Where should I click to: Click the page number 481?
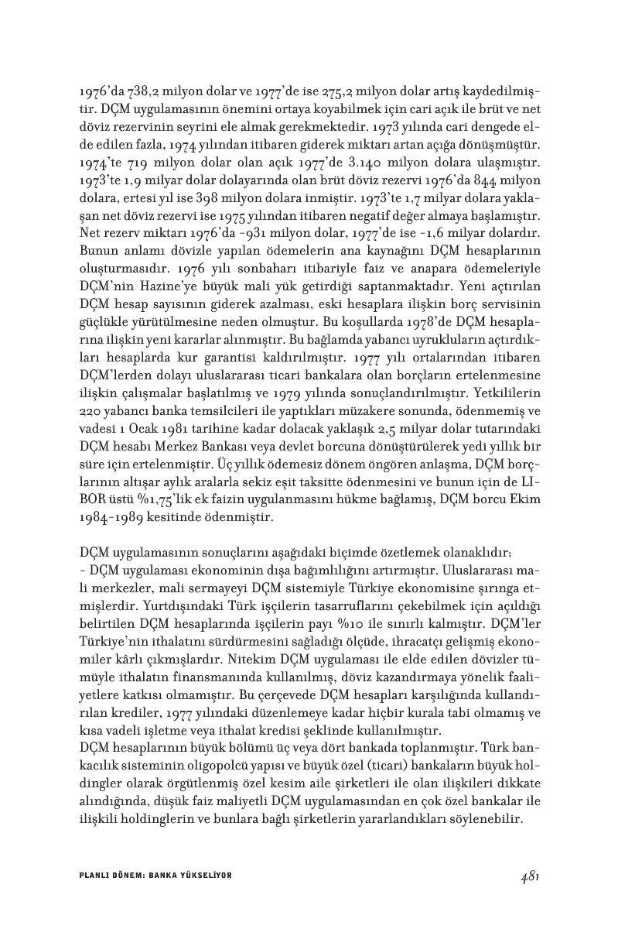[x=529, y=876]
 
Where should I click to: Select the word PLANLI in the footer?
[x=94, y=876]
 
